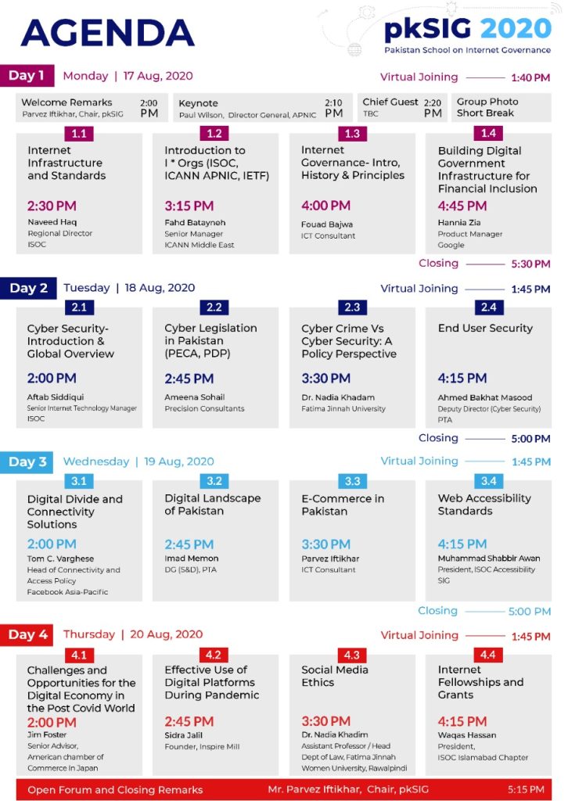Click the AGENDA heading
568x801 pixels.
click(x=107, y=33)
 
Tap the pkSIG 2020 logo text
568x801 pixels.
click(x=467, y=29)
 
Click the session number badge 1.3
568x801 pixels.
click(x=352, y=134)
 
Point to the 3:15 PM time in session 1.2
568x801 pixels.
click(x=189, y=206)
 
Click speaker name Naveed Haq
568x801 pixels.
click(x=52, y=221)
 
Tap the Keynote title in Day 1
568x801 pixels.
click(x=198, y=103)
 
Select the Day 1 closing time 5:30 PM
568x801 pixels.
click(x=530, y=264)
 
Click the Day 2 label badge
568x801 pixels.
click(x=28, y=288)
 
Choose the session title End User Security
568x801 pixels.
click(x=485, y=328)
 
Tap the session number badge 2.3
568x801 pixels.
click(x=352, y=307)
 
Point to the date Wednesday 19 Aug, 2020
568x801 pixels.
click(x=138, y=462)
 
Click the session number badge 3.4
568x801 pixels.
click(x=489, y=481)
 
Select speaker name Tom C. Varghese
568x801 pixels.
click(x=60, y=559)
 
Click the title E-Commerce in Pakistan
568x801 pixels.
click(x=343, y=505)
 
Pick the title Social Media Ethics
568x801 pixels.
click(x=335, y=676)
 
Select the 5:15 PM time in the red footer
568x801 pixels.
click(x=526, y=789)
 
